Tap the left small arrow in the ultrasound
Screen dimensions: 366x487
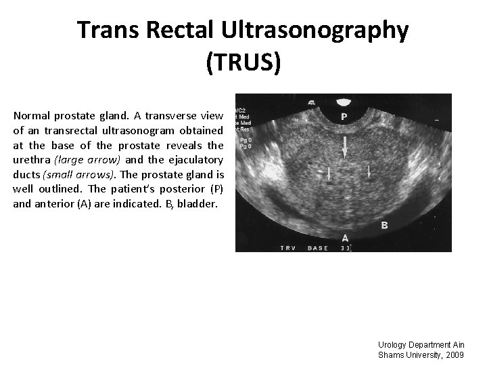click(328, 174)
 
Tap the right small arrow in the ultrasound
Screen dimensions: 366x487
click(369, 172)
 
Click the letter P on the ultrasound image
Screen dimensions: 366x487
click(344, 117)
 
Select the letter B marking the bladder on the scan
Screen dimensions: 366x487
click(384, 225)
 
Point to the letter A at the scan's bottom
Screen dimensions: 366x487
click(345, 238)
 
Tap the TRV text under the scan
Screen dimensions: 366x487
click(287, 248)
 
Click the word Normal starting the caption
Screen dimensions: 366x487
click(32, 115)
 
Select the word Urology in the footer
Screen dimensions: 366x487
click(394, 345)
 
